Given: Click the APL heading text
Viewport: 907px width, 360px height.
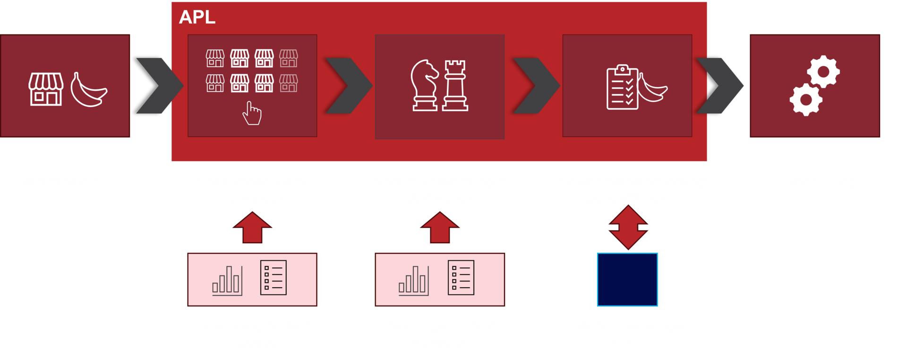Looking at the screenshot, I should point(197,17).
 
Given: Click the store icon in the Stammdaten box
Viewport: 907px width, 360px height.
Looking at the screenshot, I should point(46,89).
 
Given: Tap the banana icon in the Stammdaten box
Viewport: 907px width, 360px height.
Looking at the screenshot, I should point(88,90).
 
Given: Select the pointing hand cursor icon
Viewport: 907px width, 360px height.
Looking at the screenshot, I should point(252,113).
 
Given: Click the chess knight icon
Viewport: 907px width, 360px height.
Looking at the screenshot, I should point(424,86).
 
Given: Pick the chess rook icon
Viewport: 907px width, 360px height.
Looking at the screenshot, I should point(455,86).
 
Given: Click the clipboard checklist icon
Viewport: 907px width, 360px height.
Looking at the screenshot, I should point(622,87).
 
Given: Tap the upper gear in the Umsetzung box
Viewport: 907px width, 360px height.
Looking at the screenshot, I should point(823,72).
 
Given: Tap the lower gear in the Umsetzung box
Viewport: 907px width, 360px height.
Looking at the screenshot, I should point(805,99).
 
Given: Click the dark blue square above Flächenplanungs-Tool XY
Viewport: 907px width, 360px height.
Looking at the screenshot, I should point(627,280).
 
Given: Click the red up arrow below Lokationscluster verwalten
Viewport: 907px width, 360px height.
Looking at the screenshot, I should point(252,228).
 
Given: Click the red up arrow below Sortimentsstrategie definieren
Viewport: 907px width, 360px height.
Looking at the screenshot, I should point(440,228).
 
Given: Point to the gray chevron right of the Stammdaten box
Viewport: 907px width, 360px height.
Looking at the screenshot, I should point(158,86).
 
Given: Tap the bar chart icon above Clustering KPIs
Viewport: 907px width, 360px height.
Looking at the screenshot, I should point(227,281).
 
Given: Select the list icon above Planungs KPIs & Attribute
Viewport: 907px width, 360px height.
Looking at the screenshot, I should point(461,278).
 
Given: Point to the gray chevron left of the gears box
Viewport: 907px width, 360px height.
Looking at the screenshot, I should point(719,86).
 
